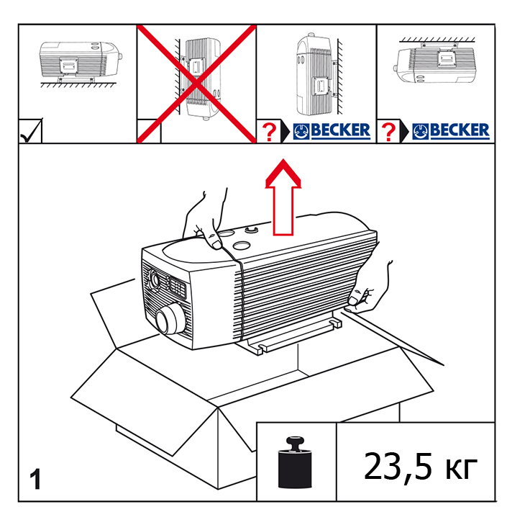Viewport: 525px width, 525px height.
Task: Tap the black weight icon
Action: (x=296, y=462)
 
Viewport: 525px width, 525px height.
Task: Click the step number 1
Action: (x=35, y=479)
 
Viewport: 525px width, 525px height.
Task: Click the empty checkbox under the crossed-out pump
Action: (x=149, y=132)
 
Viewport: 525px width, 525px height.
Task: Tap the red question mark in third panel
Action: (x=269, y=132)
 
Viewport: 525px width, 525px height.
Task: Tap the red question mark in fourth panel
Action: (x=389, y=132)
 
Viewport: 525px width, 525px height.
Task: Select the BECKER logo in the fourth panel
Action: (x=451, y=131)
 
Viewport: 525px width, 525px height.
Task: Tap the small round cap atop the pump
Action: (x=252, y=230)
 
